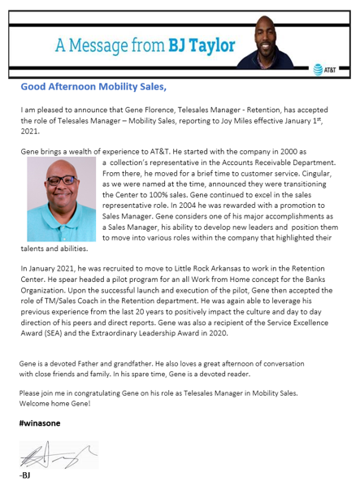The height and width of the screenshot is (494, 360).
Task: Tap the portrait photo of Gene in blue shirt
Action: point(62,198)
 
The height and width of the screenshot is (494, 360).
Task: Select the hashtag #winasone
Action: point(39,422)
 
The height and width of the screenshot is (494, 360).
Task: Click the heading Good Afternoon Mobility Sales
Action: point(93,86)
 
